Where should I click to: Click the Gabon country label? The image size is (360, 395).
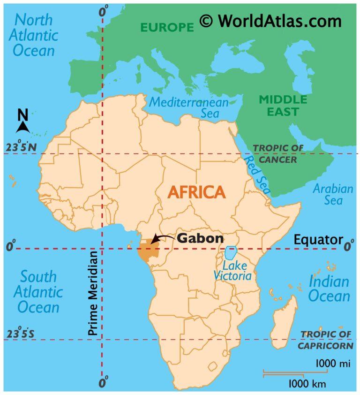click(200, 238)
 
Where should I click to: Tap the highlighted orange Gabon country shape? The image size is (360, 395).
click(145, 252)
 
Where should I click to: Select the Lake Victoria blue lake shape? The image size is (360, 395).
click(230, 253)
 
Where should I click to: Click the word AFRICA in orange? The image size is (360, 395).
click(196, 192)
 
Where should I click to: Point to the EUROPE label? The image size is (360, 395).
click(167, 27)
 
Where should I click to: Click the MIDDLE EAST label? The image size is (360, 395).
click(283, 106)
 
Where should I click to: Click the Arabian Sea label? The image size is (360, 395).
click(332, 195)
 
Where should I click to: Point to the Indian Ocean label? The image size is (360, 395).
click(329, 289)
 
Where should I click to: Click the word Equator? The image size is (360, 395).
click(318, 240)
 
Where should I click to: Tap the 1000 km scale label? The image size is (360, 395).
click(307, 384)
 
